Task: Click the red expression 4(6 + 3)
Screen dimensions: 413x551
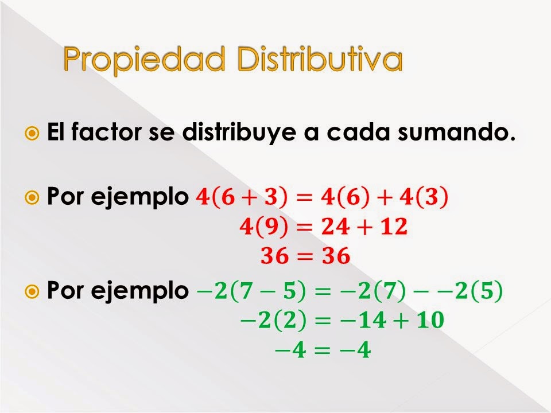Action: coord(241,198)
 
